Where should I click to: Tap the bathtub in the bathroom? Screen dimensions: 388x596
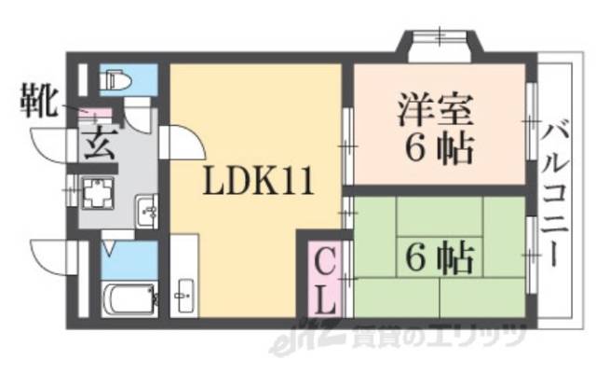(x=123, y=301)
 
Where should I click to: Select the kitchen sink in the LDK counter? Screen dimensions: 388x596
(x=183, y=297)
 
